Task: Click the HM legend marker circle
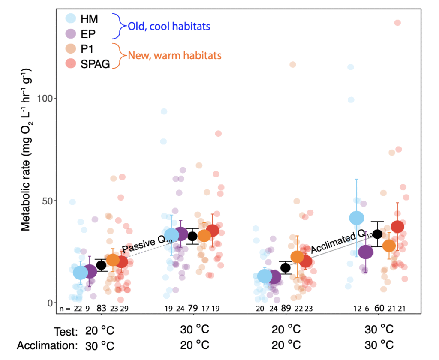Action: coord(71,19)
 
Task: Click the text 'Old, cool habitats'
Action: coord(169,27)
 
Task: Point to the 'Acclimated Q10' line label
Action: coord(335,241)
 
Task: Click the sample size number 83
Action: coord(101,308)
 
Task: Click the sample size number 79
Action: coord(193,308)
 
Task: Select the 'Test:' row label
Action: coord(66,331)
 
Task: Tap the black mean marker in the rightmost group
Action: coord(377,234)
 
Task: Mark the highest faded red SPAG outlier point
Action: coord(397,23)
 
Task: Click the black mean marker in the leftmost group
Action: coord(101,265)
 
